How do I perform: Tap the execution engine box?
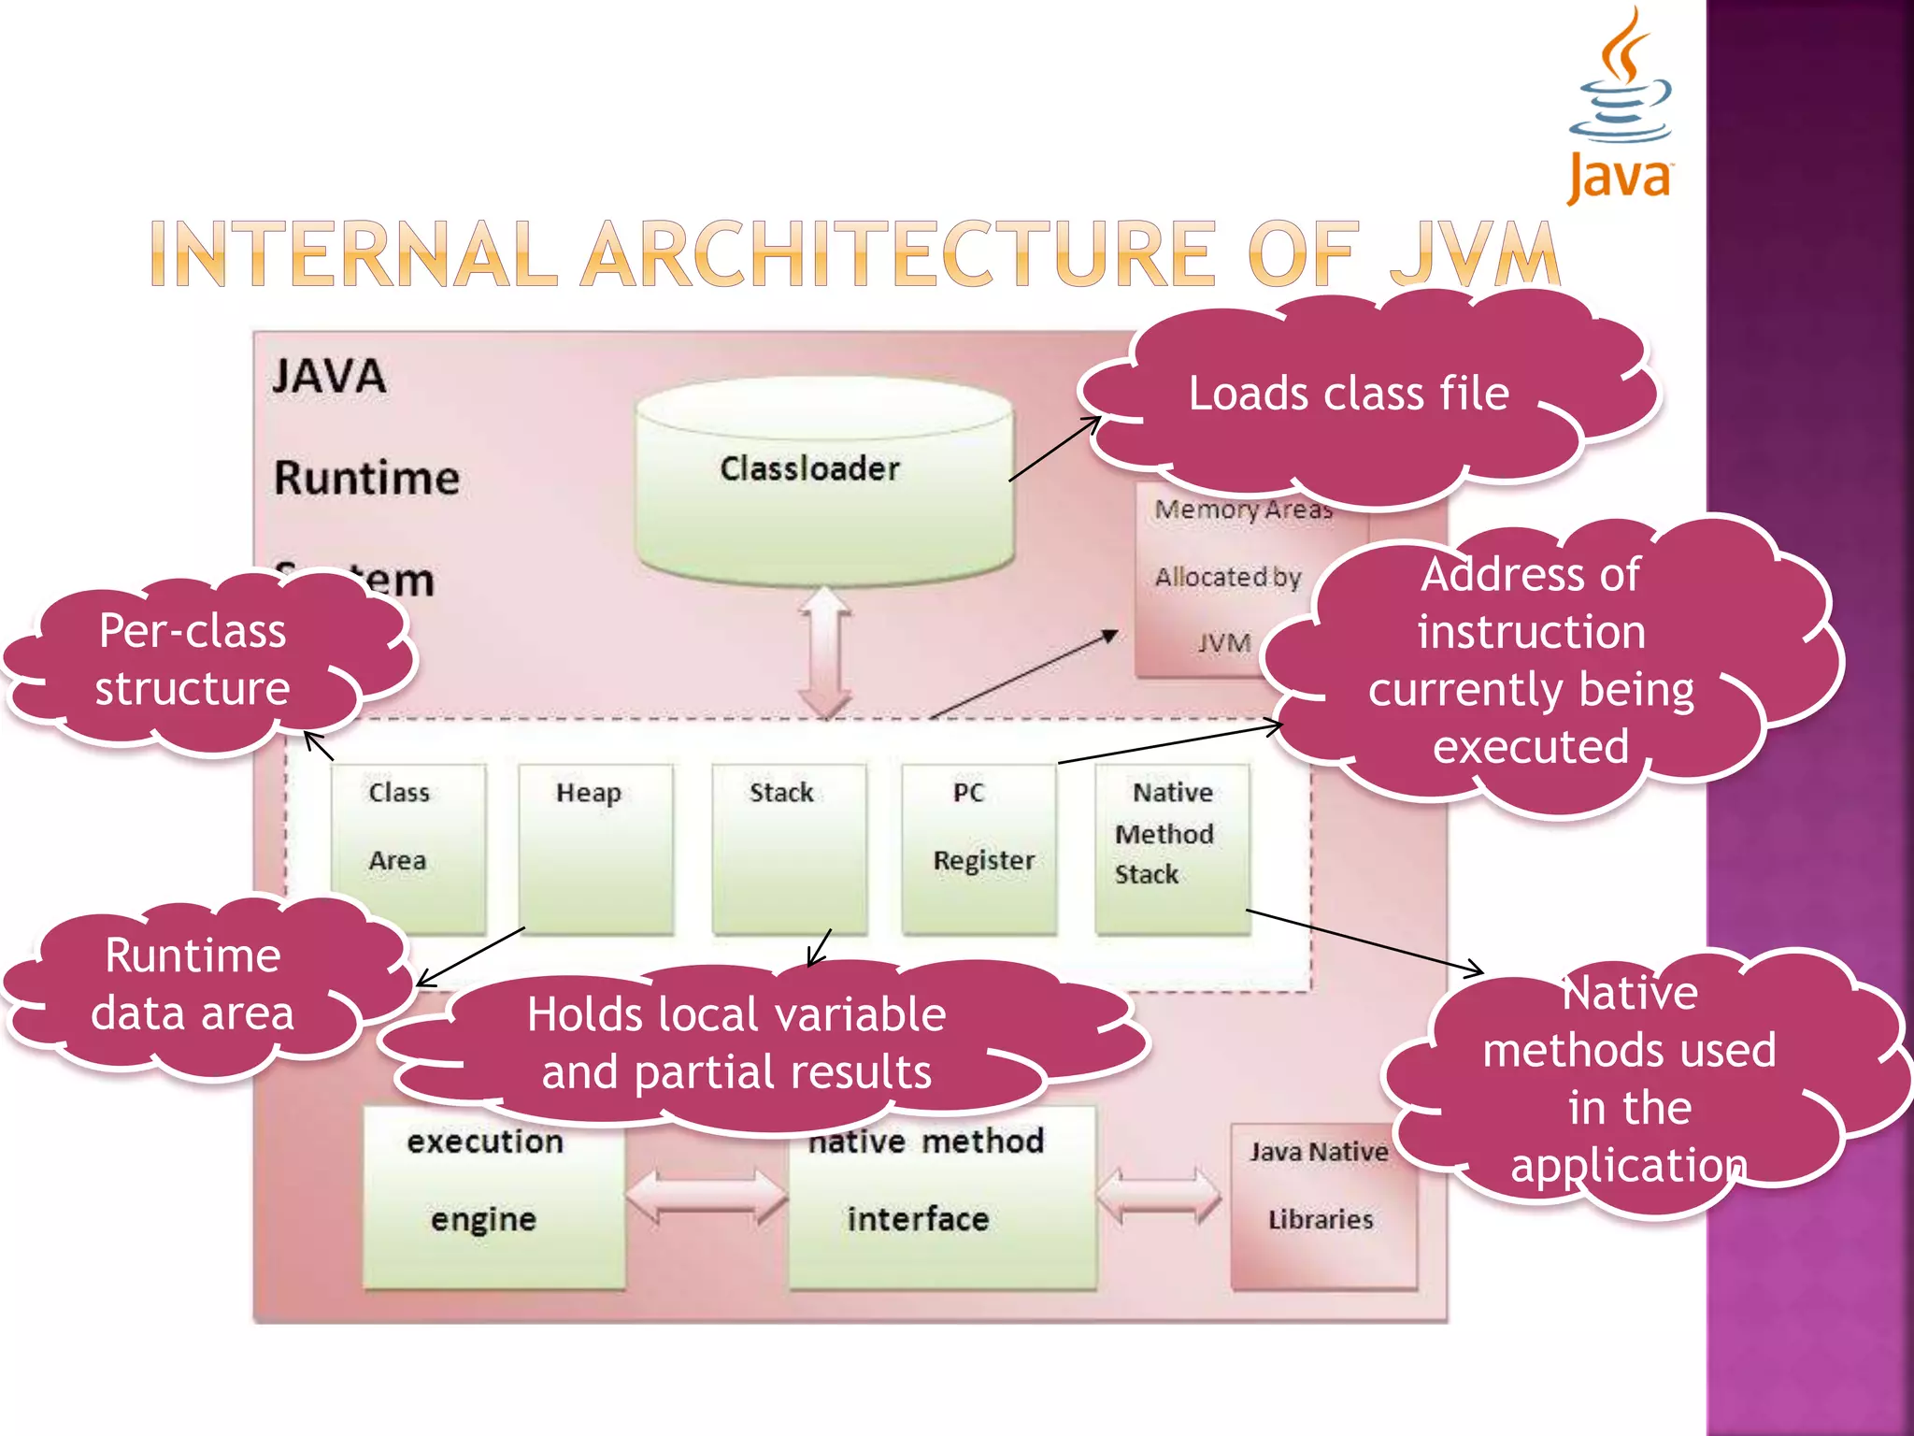tap(493, 1206)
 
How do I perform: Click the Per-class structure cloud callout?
tap(193, 660)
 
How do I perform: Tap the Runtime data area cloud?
tap(193, 984)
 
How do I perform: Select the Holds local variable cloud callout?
tap(736, 1042)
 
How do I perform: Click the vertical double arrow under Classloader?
tap(825, 653)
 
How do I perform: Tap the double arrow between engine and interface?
tap(707, 1197)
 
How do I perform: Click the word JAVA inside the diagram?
tap(329, 377)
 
